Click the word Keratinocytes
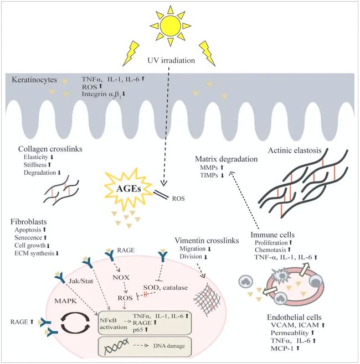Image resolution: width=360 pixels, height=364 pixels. (x=34, y=80)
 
